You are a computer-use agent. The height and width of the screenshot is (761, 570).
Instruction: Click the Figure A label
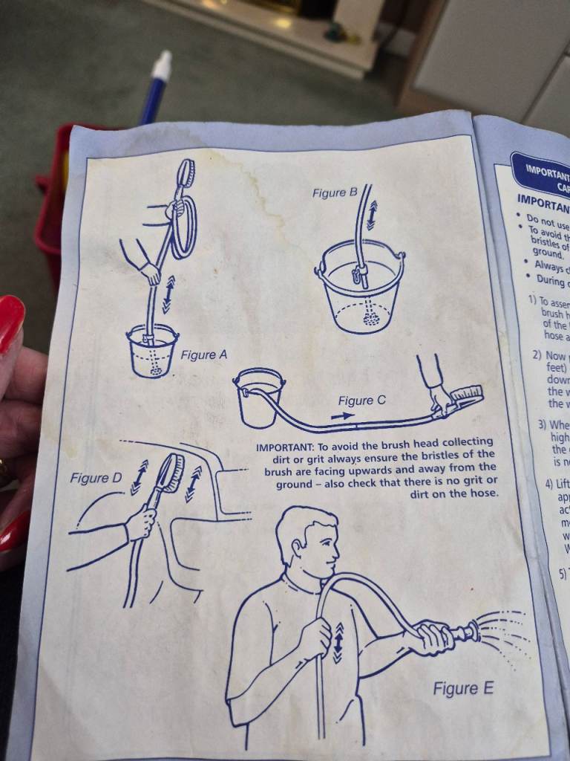pos(203,355)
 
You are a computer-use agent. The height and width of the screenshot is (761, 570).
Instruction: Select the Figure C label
pos(361,401)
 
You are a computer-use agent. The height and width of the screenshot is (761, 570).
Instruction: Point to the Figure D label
pos(96,478)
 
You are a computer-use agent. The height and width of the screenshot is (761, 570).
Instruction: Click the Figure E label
pos(463,689)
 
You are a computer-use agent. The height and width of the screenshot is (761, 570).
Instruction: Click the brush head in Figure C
pos(464,398)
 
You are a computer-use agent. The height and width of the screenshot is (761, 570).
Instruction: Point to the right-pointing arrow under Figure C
pos(342,417)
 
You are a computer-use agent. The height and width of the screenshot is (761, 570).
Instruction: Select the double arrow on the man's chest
pos(338,642)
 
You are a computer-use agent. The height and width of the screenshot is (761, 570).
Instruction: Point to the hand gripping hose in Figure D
pos(140,523)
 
